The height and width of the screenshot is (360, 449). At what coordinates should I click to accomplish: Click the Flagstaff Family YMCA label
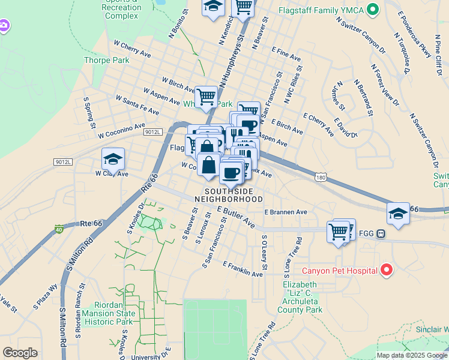point(321,10)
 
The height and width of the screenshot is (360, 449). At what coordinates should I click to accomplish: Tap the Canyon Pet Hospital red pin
point(387,271)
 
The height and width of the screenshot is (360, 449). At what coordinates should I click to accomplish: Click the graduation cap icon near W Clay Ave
point(113,159)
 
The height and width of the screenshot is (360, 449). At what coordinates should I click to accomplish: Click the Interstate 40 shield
point(59,229)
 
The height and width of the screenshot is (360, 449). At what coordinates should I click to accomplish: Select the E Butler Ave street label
point(236,218)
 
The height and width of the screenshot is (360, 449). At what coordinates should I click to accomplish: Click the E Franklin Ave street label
point(243,269)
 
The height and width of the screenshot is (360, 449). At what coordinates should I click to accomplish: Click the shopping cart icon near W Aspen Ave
point(206,95)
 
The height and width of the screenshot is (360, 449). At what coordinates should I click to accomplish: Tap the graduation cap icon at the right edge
point(397,214)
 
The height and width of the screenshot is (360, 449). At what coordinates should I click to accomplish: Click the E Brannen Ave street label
point(286,212)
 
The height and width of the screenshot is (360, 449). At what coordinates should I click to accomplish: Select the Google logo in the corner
point(20,352)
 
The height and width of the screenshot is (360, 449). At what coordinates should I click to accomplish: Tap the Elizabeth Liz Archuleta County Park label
point(300,297)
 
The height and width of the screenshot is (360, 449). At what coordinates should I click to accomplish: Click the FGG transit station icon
point(380,234)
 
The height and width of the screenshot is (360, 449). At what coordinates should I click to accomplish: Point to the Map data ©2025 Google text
point(412,355)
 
